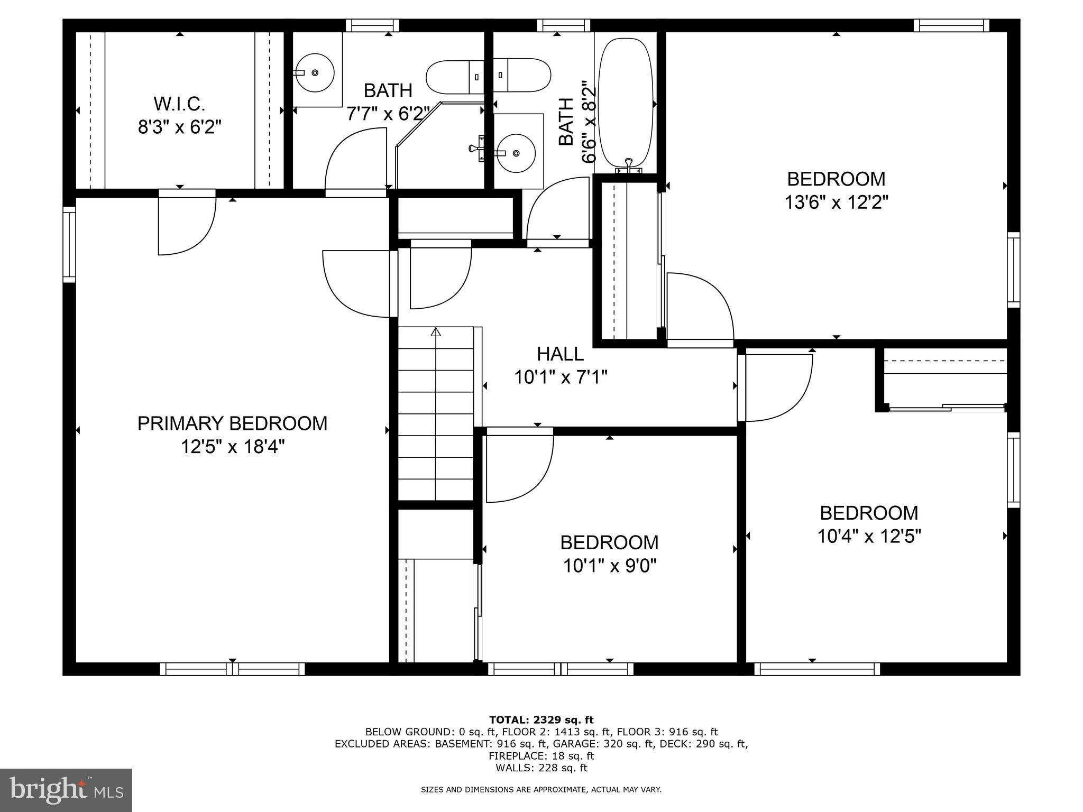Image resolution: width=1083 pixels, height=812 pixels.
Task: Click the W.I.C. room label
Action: point(179,104)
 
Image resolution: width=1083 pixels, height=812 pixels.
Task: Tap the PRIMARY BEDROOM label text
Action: point(232,423)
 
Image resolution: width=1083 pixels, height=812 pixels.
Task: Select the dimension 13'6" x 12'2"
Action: point(836,202)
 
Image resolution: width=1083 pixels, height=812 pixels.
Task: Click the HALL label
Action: point(560,354)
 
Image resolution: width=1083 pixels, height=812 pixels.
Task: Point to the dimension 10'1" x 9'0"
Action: point(609,566)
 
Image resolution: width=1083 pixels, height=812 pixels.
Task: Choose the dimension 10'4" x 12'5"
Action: point(869,537)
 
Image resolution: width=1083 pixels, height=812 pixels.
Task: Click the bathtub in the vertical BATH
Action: point(625,103)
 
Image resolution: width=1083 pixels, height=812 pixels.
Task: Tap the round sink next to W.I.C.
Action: point(315,72)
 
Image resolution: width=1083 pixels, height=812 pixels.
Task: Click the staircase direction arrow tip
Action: point(436,331)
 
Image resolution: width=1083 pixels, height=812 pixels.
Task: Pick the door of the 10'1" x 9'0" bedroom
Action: point(518,468)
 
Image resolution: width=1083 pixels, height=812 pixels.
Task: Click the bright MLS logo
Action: point(66,790)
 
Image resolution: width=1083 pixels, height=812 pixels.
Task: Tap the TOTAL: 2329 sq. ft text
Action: point(541,719)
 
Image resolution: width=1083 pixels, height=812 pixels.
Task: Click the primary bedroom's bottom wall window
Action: point(232,669)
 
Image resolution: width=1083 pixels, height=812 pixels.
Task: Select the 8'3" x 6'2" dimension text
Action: point(179,127)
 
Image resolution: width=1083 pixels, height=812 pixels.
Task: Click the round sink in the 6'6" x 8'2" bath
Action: point(516,153)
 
